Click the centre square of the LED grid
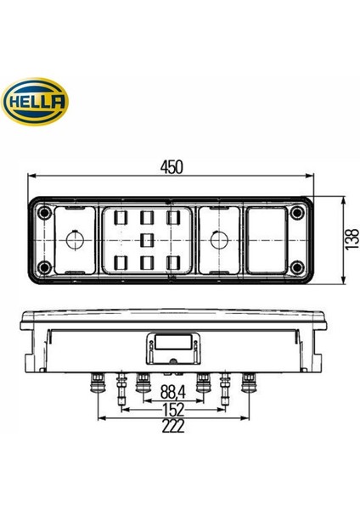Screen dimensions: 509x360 [147, 239]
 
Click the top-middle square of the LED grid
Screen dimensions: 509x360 [147, 218]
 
